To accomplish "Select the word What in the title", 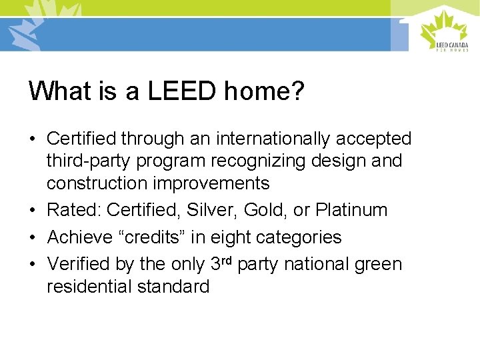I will [58, 91].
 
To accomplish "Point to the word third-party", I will [86, 161].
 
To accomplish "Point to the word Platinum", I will [351, 210].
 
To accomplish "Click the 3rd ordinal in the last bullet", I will [221, 263].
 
